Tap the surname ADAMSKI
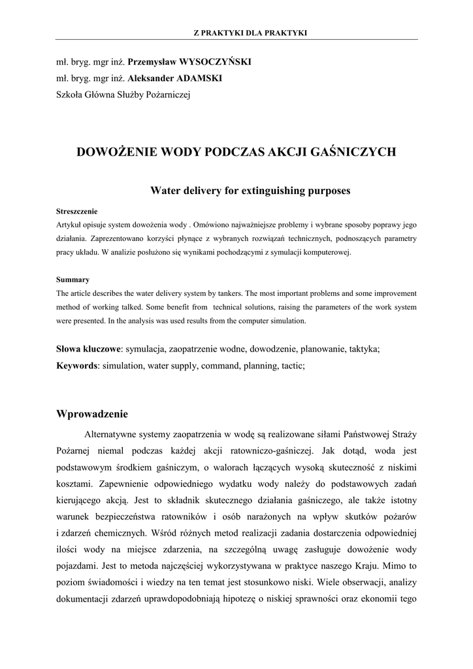(199, 78)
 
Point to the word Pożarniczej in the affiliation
(167, 95)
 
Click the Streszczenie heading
(77, 211)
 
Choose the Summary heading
(73, 280)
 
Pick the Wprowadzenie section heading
(93, 414)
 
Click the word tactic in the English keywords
(291, 366)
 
